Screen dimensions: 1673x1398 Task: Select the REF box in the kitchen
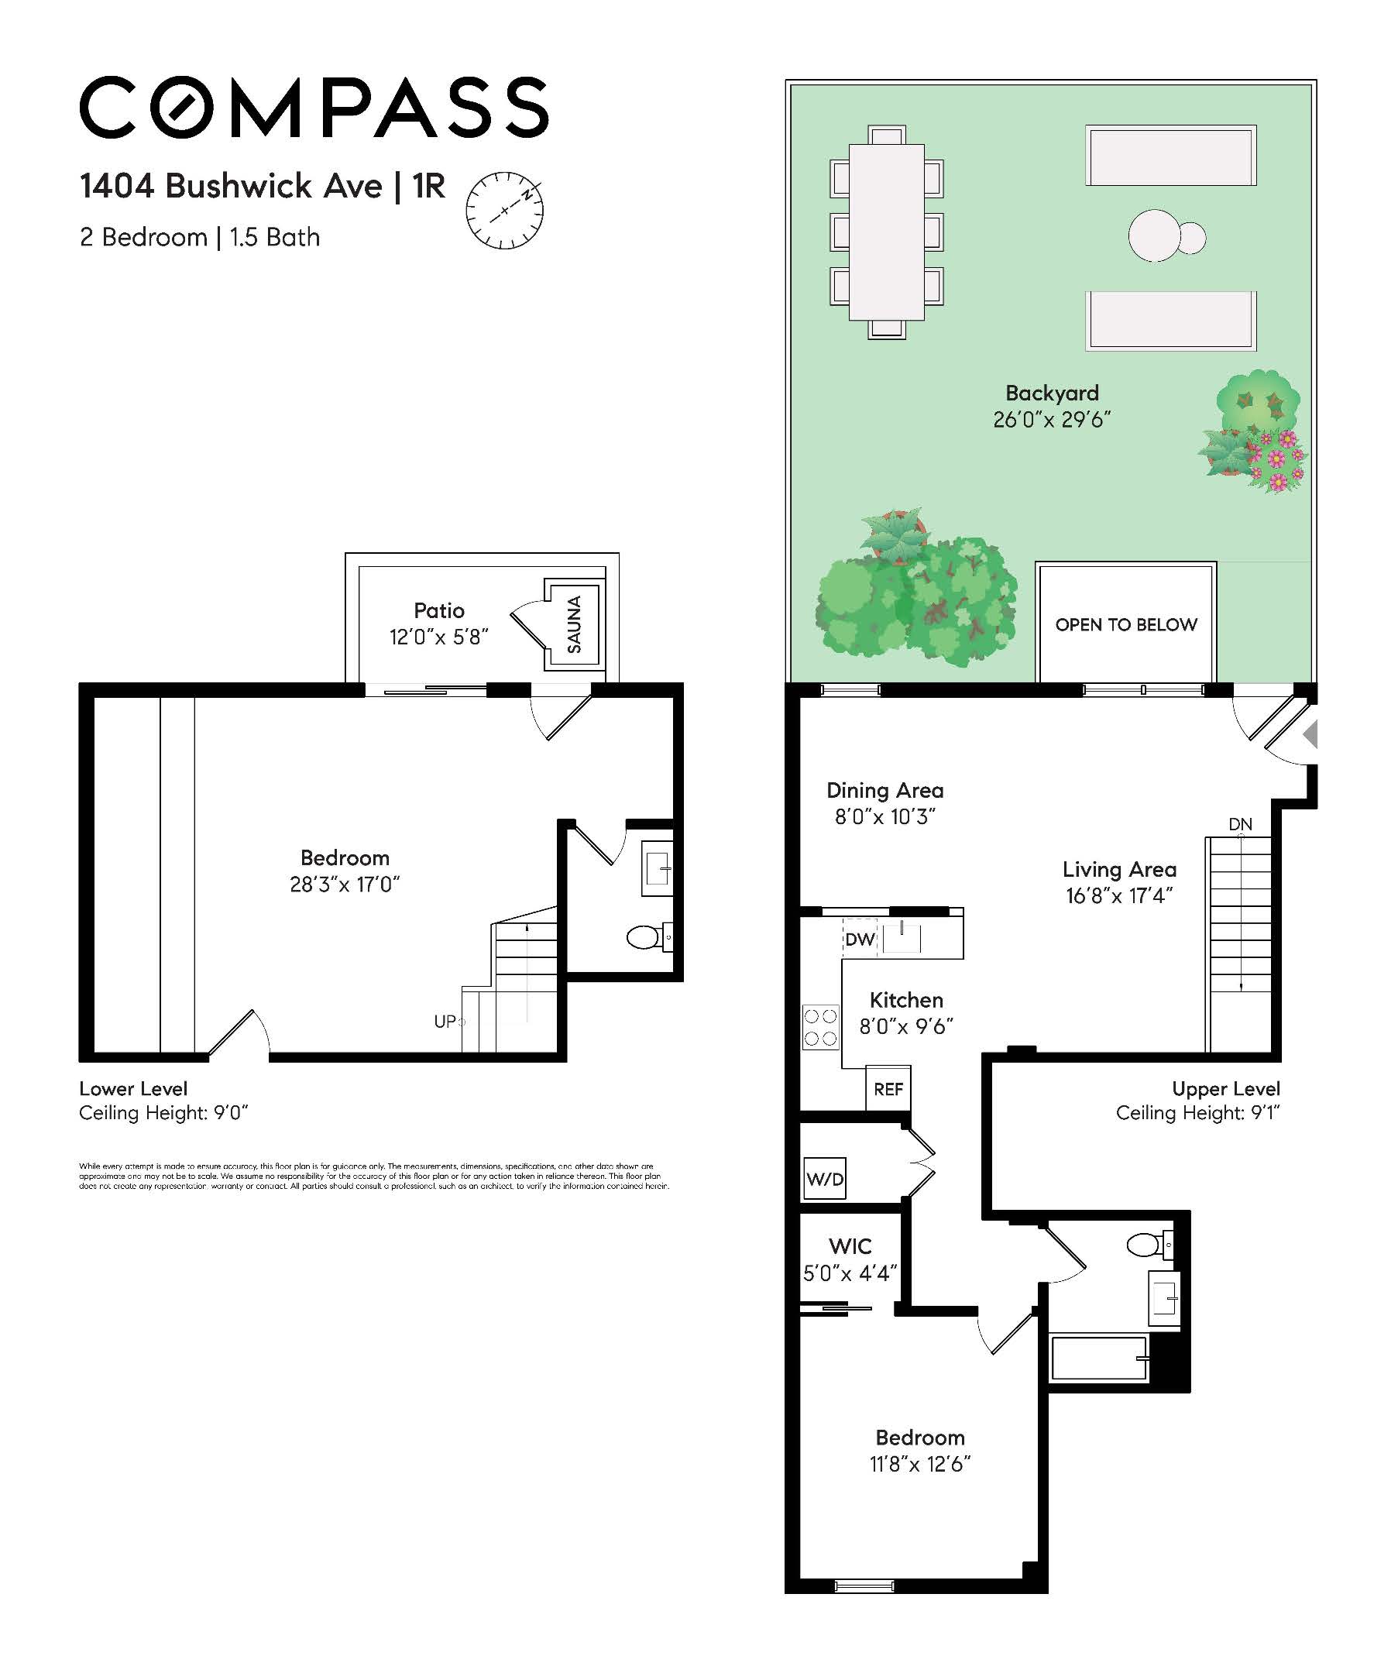888,1088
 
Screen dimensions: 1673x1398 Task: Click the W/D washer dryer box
823,1179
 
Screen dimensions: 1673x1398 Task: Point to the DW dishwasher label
860,940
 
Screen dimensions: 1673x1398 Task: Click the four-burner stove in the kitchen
819,1027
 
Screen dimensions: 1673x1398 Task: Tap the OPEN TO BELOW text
1125,624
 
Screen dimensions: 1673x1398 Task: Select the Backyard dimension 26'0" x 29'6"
1052,420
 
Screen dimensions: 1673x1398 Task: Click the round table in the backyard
1154,235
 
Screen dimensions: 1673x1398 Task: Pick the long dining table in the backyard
886,232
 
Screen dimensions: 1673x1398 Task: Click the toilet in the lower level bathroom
644,937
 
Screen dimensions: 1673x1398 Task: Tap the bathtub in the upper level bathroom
1099,1358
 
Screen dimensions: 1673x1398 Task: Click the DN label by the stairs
1239,824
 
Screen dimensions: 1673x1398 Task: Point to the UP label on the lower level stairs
445,1022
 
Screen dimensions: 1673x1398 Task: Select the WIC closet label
850,1246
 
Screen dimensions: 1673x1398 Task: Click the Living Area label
1118,869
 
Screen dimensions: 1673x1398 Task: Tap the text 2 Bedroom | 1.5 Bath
199,238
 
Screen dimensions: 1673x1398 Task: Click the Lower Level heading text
133,1089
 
